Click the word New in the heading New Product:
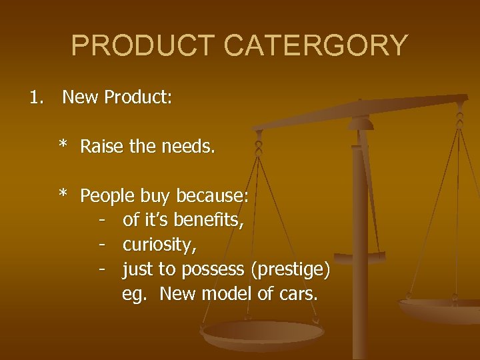tap(79, 98)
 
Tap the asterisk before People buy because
tap(63, 195)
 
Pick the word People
tap(107, 196)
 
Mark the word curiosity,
tap(160, 245)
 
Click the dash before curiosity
tap(102, 245)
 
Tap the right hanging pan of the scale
tap(440, 308)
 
